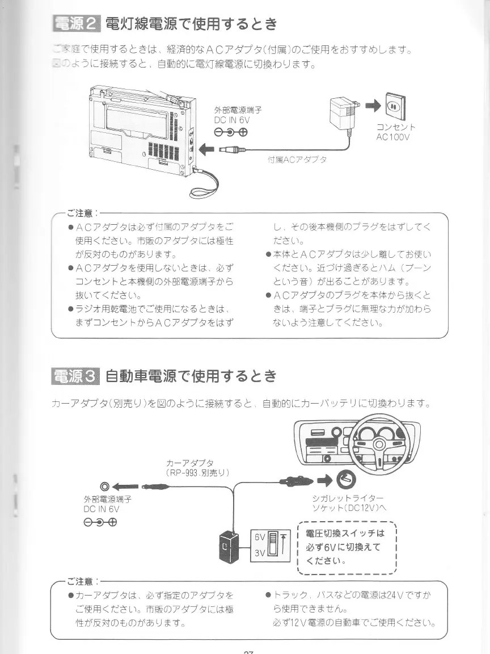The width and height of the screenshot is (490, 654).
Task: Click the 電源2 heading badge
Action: click(x=75, y=24)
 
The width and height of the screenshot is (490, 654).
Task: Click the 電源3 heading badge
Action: click(x=75, y=376)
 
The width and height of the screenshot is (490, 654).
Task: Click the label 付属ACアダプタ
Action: click(x=297, y=160)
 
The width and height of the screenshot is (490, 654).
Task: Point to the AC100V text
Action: click(x=392, y=137)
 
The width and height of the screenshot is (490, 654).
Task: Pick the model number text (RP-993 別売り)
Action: click(x=197, y=472)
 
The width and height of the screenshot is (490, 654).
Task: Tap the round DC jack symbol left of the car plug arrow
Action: click(x=104, y=487)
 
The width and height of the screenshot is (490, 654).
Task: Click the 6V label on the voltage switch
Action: click(x=260, y=536)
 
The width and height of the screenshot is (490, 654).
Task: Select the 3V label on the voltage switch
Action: click(x=260, y=552)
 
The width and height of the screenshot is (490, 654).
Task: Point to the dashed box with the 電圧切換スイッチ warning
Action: click(x=346, y=547)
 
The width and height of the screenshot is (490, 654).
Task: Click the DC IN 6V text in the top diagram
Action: click(x=232, y=120)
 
